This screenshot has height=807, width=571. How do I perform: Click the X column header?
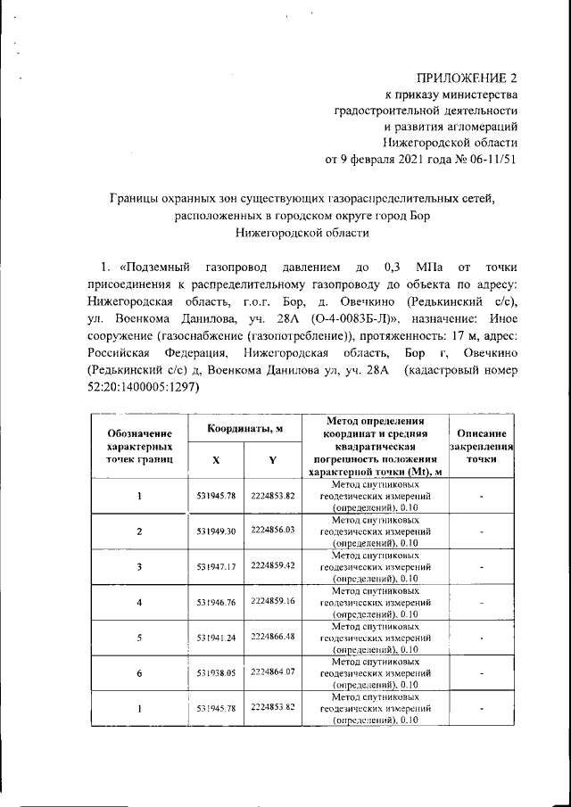[217, 460]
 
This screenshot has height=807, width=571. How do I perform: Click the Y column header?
[272, 460]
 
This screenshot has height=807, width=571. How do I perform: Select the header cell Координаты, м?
[245, 429]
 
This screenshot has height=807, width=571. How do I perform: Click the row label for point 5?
[139, 638]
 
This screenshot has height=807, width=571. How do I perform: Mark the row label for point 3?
[139, 567]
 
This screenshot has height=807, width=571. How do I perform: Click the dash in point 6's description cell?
[481, 674]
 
